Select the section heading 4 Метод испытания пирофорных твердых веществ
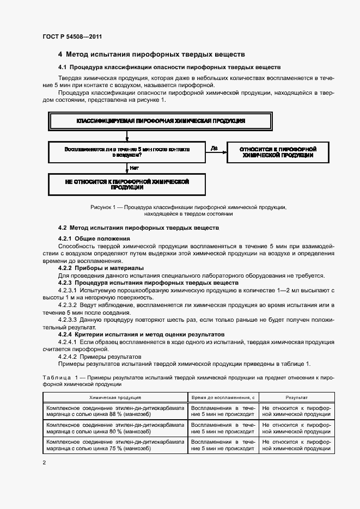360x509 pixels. pyautogui.click(x=151, y=54)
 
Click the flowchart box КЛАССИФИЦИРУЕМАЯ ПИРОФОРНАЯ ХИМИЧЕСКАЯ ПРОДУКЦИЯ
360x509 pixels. pyautogui.click(x=160, y=120)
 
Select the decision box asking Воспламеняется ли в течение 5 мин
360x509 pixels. pyautogui.click(x=126, y=151)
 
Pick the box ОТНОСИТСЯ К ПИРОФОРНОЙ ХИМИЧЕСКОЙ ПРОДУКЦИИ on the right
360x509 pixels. pyautogui.click(x=278, y=152)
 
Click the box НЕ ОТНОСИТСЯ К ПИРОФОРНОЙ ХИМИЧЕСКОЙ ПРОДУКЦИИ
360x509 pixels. pyautogui.click(x=126, y=184)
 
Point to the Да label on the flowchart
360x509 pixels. pyautogui.click(x=213, y=148)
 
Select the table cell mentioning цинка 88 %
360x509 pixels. pyautogui.click(x=115, y=410)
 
